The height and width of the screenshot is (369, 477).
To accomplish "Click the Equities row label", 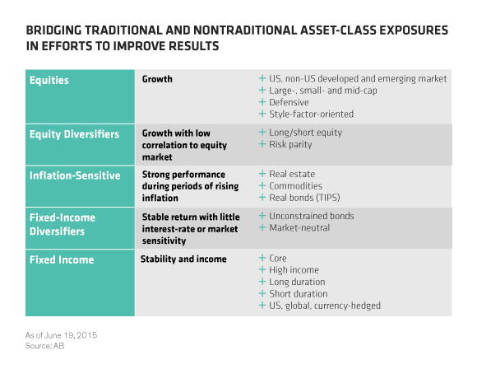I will (49, 82).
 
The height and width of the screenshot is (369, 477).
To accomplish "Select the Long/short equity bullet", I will (306, 133).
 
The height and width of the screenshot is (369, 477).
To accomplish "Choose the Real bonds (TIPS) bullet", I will (306, 198).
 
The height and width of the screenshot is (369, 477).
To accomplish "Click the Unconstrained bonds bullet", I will (313, 217).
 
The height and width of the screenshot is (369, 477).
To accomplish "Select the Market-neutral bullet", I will (299, 228).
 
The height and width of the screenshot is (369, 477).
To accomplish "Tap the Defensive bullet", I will (294, 102).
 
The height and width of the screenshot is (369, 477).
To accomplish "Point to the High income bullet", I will (294, 270).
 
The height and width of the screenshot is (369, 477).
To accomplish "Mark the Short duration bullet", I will (298, 294).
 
